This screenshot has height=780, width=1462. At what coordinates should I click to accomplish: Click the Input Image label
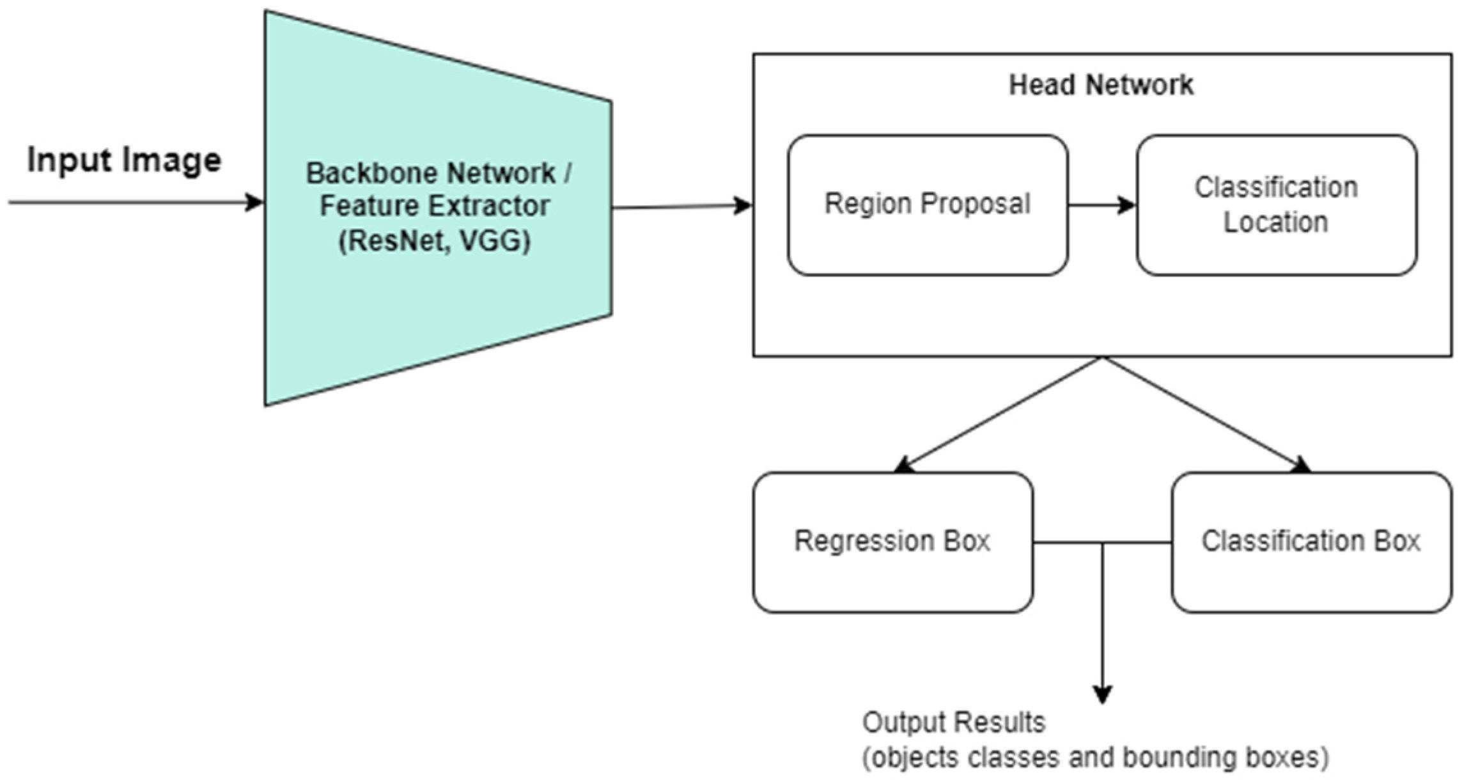coord(124,160)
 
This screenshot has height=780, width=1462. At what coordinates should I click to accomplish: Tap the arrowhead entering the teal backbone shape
coord(255,203)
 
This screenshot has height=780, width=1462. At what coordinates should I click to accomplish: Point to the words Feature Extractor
coord(435,207)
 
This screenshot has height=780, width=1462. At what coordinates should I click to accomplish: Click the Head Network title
coord(1101,85)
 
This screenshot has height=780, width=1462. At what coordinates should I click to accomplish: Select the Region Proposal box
coord(927,205)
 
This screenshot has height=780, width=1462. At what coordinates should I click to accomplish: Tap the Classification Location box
coord(1276,205)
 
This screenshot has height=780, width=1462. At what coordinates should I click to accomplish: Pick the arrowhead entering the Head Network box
coord(743,205)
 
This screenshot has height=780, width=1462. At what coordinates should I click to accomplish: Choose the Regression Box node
coord(892,542)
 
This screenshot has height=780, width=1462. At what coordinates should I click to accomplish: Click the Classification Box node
coord(1311,542)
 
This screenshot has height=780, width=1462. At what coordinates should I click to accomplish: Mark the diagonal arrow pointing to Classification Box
coord(1205,414)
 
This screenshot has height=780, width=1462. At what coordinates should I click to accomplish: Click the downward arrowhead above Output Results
coord(1102,694)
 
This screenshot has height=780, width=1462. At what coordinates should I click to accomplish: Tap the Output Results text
coord(953,723)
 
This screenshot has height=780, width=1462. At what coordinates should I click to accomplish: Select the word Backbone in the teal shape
coord(367,173)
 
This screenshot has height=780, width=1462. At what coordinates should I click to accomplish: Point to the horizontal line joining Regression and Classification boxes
coord(1102,543)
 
